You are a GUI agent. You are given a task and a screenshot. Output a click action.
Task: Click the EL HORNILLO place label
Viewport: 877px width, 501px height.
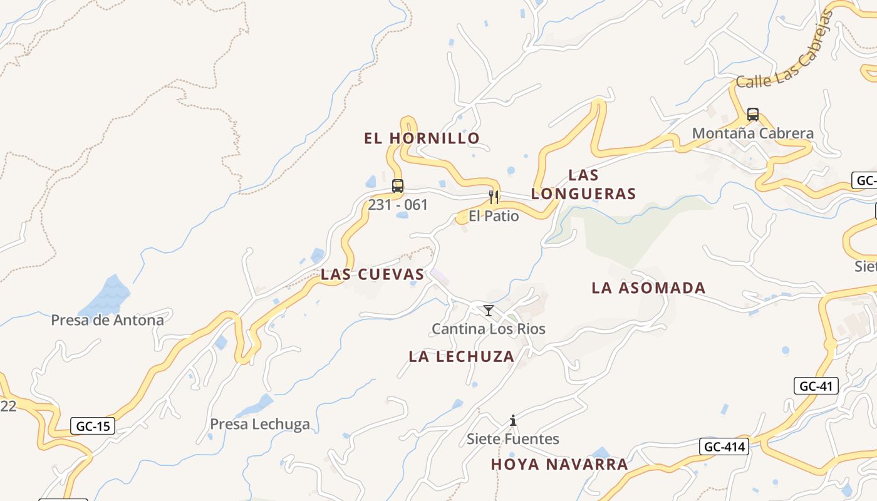422,138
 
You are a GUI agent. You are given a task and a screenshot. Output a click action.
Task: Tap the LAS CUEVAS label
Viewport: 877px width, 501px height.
373,274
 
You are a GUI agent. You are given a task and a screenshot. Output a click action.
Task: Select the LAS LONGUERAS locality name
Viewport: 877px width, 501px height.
583,185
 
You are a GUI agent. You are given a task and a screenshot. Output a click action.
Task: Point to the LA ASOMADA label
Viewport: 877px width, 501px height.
648,288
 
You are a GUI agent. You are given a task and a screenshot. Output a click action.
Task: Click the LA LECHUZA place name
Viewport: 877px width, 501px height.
462,357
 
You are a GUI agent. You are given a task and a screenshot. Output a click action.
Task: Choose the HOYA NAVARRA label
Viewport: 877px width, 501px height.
559,465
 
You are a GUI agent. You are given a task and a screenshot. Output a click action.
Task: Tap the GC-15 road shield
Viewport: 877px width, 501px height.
93,426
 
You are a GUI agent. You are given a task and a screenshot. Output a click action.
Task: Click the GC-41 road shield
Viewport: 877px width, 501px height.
816,386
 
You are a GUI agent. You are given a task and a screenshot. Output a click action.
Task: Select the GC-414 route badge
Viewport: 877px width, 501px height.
724,447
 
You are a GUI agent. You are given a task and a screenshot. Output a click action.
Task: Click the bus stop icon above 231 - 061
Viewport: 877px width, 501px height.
398,186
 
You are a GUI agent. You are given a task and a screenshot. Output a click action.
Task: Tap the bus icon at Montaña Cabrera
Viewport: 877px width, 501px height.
753,115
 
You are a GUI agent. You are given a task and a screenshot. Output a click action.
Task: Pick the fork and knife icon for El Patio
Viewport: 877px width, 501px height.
494,198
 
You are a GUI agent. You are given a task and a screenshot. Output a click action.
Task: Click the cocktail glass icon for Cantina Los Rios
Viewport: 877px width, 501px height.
489,311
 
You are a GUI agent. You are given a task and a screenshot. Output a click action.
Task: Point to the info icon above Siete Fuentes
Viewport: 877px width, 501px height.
513,420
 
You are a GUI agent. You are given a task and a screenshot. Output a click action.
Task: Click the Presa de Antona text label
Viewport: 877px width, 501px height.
107,321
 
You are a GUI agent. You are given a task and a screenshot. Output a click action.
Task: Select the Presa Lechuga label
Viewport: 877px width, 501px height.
259,425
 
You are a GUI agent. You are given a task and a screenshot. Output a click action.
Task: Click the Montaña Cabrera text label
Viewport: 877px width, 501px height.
753,133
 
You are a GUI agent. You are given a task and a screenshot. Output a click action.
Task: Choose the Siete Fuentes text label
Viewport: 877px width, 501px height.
513,439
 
